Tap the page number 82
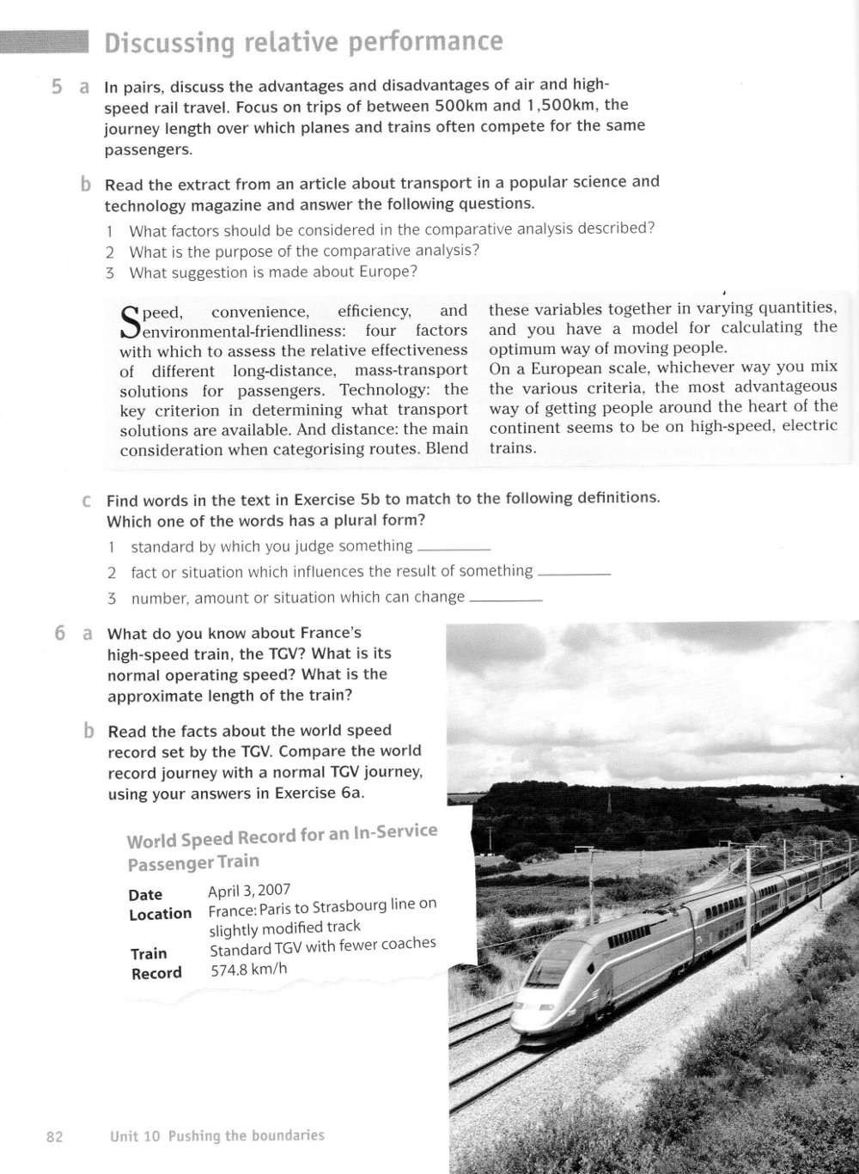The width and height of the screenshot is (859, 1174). coord(55,1136)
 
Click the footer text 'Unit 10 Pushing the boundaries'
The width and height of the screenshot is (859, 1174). coord(217,1135)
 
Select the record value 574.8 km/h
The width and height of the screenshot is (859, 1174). coord(248,970)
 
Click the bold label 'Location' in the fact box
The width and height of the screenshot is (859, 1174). coord(160,914)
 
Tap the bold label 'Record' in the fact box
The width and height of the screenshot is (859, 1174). coord(156,973)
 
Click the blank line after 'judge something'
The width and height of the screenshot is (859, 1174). coord(453,548)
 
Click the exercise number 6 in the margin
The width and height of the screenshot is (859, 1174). coord(59,634)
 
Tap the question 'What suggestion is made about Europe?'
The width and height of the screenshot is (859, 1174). coord(273,272)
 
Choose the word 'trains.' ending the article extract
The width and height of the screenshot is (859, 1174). coord(513,447)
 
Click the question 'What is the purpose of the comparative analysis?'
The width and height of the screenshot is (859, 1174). coord(304,251)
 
